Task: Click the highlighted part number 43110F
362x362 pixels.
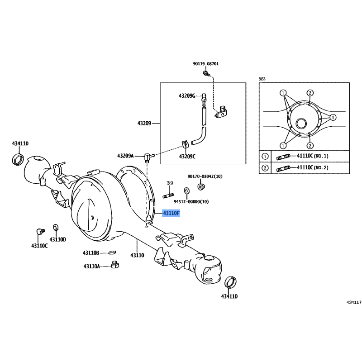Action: point(171,213)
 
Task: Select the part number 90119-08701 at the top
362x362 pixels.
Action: point(206,64)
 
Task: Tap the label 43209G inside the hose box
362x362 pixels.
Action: point(187,95)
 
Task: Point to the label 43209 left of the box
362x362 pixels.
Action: point(144,123)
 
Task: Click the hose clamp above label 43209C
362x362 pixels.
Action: point(185,144)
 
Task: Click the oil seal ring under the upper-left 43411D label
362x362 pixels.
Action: point(18,159)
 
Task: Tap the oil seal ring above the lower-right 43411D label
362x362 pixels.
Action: point(230,282)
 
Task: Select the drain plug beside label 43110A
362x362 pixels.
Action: point(115,265)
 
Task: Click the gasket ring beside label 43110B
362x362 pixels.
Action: point(112,252)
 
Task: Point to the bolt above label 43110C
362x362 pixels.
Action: point(40,231)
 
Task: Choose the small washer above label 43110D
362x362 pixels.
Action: point(56,228)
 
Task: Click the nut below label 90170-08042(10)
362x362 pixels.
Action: point(201,186)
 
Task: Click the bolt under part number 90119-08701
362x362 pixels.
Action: point(206,74)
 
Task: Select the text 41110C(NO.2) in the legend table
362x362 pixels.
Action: point(313,167)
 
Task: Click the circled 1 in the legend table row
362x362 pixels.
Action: point(265,156)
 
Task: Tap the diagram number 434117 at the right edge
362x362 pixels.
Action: point(354,302)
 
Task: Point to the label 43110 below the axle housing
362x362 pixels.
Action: point(137,255)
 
